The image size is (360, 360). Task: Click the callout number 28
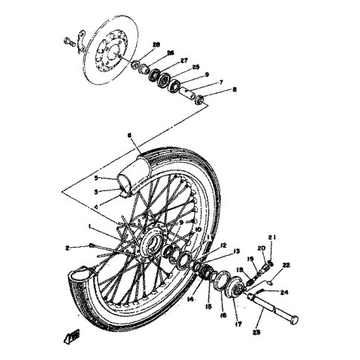point(156,45)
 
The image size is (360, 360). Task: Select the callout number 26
point(171,53)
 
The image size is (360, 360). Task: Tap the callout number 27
point(184,60)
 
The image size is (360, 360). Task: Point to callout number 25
point(196,68)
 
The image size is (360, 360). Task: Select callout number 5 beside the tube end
point(96,179)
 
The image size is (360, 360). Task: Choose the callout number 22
point(286,265)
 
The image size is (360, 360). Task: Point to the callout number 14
point(192,298)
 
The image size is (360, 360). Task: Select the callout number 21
point(273,239)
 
